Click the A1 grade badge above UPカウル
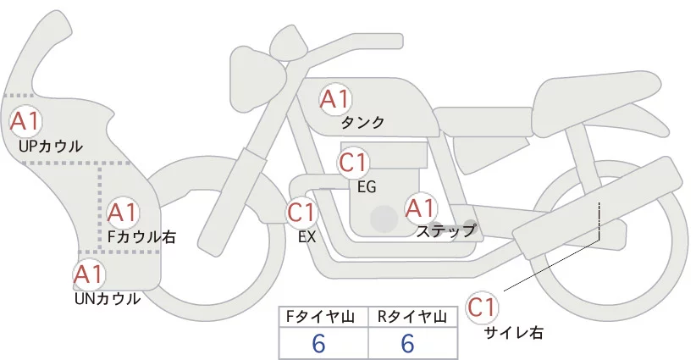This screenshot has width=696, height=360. click(x=24, y=120)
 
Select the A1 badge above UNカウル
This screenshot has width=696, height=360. click(x=88, y=274)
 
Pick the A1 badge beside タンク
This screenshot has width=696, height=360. click(x=334, y=99)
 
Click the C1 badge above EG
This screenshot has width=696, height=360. click(x=352, y=162)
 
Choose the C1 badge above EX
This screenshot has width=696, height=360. click(x=302, y=212)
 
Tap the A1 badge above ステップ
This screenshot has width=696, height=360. click(x=420, y=207)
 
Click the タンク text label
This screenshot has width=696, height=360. click(x=363, y=122)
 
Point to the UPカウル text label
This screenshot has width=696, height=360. click(x=50, y=146)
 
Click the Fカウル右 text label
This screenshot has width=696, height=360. click(x=141, y=237)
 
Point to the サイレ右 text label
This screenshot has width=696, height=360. click(x=512, y=332)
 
